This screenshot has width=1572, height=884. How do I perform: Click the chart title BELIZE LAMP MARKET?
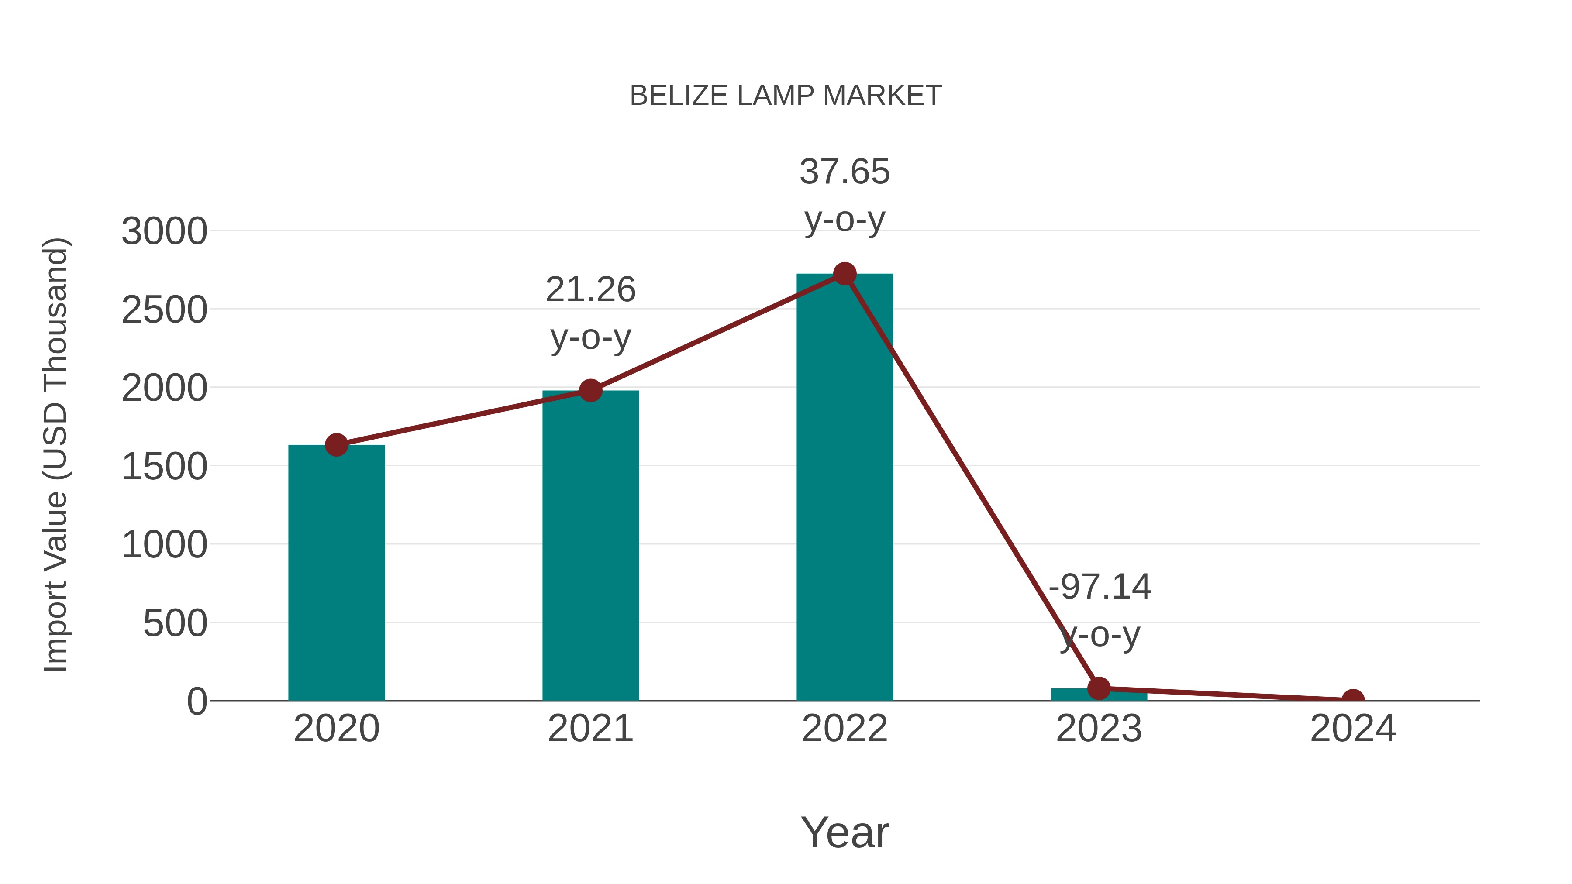(x=786, y=96)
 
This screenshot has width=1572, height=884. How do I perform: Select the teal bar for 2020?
(x=336, y=574)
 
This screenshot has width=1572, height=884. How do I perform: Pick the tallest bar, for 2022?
(x=845, y=488)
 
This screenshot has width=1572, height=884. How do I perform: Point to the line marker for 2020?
(x=336, y=445)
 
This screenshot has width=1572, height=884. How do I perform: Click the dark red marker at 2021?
(x=590, y=390)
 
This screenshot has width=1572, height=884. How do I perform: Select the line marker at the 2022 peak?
(x=845, y=274)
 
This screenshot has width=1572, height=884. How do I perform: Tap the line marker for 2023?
(x=1099, y=688)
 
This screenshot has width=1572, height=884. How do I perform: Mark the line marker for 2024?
(x=1353, y=699)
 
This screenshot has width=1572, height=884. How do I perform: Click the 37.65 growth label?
(x=845, y=172)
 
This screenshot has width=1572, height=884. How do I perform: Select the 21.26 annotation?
(x=590, y=290)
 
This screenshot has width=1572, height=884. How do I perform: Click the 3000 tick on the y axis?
(x=164, y=232)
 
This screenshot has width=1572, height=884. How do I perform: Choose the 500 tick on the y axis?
(x=175, y=624)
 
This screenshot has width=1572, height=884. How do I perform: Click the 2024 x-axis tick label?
(x=1353, y=729)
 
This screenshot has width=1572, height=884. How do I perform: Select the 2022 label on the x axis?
(x=845, y=729)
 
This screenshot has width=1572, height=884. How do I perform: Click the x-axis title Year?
(x=845, y=833)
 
